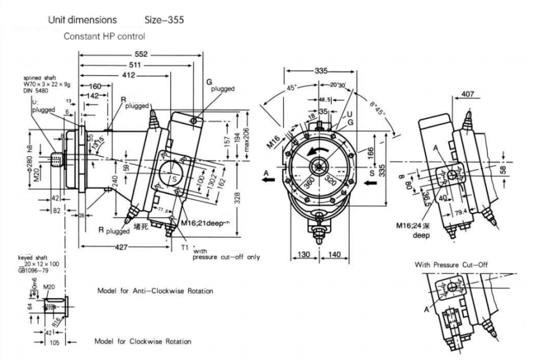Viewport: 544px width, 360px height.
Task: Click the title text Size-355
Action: (164, 20)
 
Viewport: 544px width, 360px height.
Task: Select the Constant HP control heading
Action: (104, 36)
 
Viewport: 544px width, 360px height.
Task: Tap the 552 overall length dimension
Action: (140, 55)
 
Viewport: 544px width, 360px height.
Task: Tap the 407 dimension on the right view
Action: (467, 95)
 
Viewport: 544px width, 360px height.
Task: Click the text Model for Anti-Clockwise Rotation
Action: (155, 291)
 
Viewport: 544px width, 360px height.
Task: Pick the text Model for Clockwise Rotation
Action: (143, 341)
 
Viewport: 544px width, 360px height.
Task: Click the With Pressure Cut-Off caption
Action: (451, 264)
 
